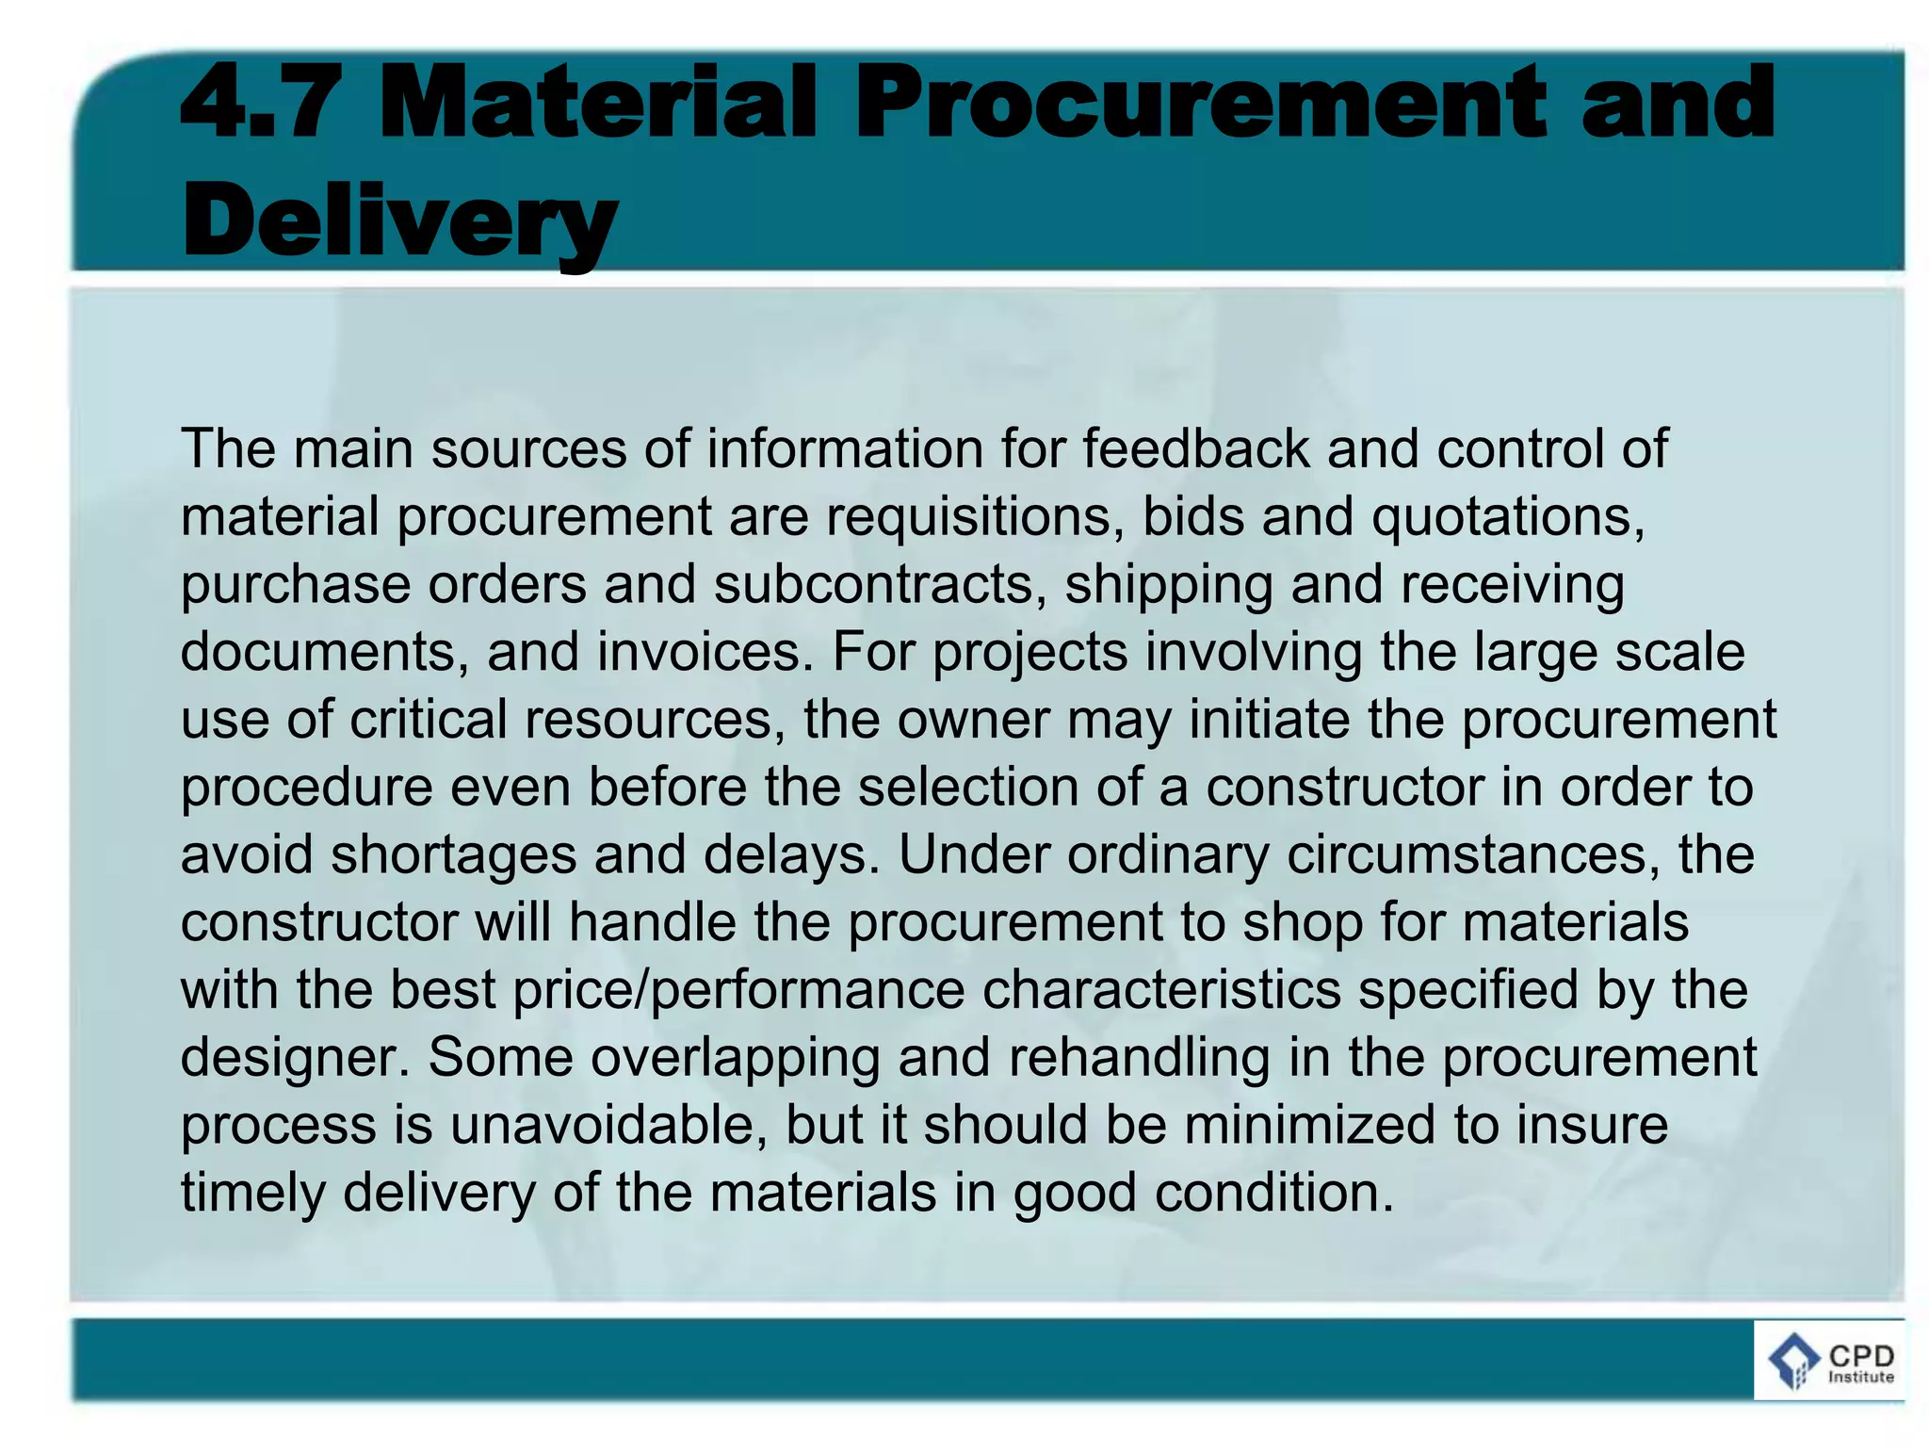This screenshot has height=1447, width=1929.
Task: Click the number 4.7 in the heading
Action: tap(260, 103)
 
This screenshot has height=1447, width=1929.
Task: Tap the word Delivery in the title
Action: tap(399, 221)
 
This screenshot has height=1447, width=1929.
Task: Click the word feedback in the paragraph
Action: tap(1196, 448)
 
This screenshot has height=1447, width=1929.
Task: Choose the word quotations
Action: tap(1507, 517)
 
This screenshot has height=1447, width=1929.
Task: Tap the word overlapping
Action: tap(736, 1058)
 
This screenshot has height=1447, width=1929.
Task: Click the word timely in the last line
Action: tap(253, 1194)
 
